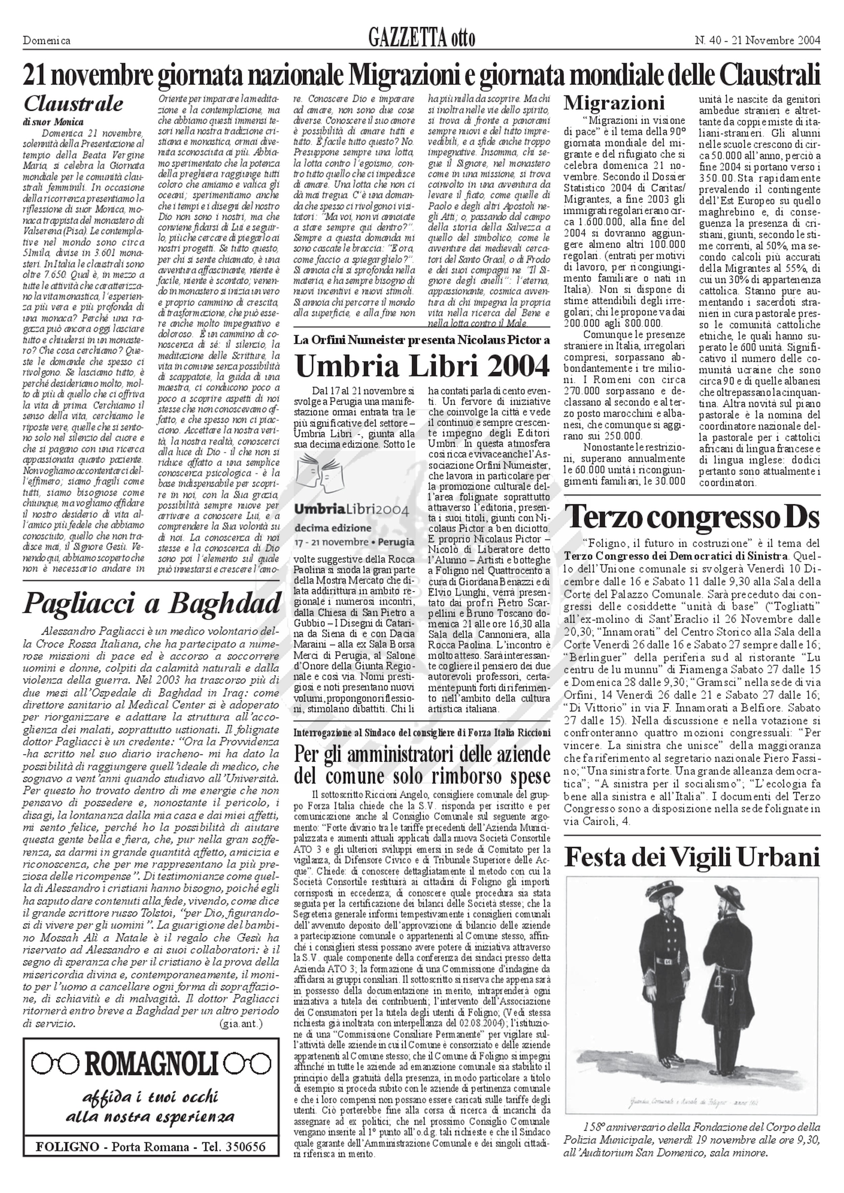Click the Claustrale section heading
(x=73, y=104)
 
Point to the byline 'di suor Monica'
(x=54, y=122)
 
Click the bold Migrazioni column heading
(x=614, y=102)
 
